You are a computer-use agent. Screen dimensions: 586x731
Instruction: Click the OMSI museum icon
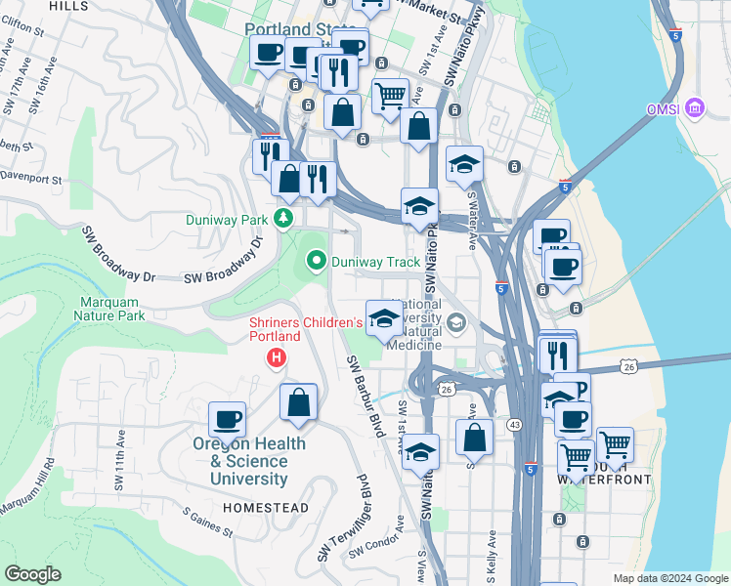pyautogui.click(x=695, y=108)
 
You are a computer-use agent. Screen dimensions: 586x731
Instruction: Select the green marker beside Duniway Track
pyautogui.click(x=316, y=261)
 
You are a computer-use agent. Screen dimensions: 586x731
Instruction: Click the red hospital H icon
pyautogui.click(x=277, y=359)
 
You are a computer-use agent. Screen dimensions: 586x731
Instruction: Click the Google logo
pyautogui.click(x=32, y=574)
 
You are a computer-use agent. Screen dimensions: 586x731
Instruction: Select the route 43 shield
pyautogui.click(x=514, y=425)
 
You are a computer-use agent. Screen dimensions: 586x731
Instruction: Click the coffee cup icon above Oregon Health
pyautogui.click(x=228, y=419)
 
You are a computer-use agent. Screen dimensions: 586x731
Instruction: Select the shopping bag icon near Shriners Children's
pyautogui.click(x=298, y=401)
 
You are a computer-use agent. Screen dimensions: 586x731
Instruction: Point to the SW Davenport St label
pyautogui.click(x=29, y=180)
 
